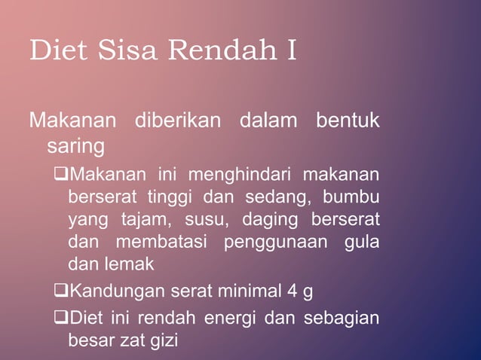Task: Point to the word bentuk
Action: tap(348, 121)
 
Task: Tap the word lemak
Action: tap(133, 264)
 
